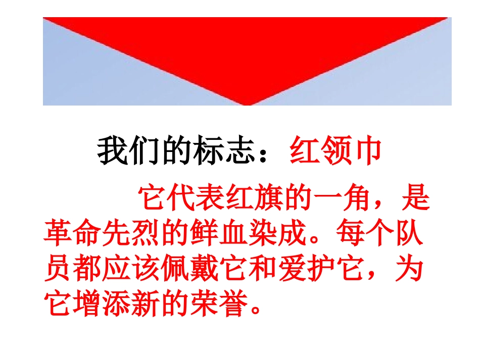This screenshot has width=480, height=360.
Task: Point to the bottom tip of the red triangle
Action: (247, 103)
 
